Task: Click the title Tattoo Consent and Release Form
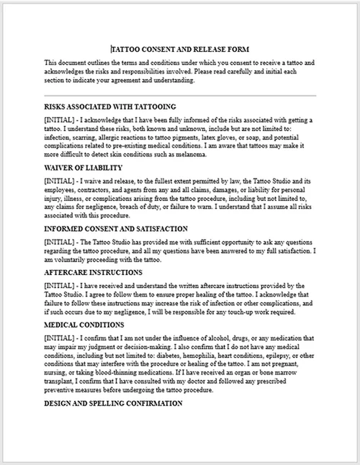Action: click(x=179, y=50)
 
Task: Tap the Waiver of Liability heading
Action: click(x=83, y=167)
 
